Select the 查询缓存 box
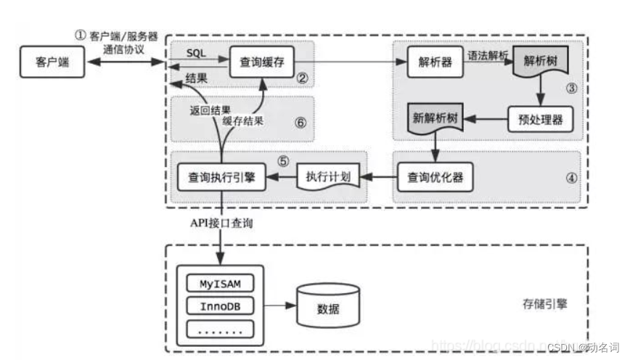261,63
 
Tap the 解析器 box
435,63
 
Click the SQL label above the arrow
195,55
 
